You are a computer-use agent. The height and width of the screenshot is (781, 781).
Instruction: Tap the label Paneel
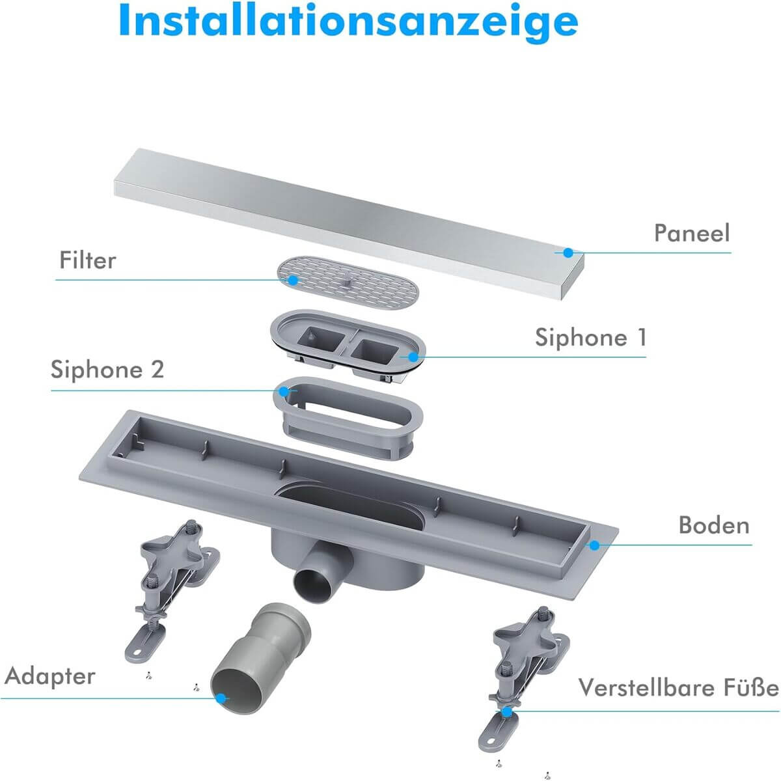pyautogui.click(x=692, y=233)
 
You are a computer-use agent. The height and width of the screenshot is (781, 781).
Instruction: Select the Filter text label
pyautogui.click(x=88, y=260)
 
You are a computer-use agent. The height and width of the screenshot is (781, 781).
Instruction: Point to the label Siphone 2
pyautogui.click(x=107, y=369)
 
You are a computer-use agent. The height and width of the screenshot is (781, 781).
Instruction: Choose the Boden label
pyautogui.click(x=714, y=525)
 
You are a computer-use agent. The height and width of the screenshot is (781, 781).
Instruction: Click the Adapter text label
pyautogui.click(x=50, y=676)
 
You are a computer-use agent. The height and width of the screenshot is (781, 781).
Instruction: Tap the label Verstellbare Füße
pyautogui.click(x=678, y=688)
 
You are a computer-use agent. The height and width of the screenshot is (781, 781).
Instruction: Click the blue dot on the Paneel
pyautogui.click(x=569, y=253)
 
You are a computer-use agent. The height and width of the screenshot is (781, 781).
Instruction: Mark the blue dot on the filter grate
pyautogui.click(x=293, y=280)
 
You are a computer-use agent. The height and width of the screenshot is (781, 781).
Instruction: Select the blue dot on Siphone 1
pyautogui.click(x=413, y=357)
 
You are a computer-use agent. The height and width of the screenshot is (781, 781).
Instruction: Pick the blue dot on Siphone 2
pyautogui.click(x=284, y=392)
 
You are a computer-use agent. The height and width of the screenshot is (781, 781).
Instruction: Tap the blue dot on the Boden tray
pyautogui.click(x=595, y=545)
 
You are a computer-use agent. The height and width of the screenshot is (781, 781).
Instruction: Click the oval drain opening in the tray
pyautogui.click(x=349, y=506)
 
